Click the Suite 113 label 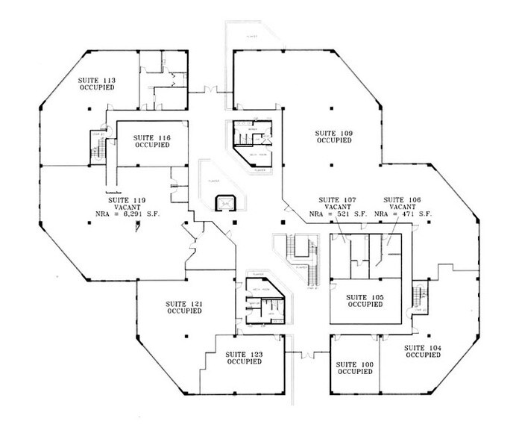tap(97, 79)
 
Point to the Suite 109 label tap(333, 133)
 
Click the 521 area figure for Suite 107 tap(341, 215)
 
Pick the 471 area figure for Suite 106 tap(406, 215)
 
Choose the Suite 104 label tap(423, 349)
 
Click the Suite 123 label tap(244, 354)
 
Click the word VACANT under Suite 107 tap(336, 208)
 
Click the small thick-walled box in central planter tap(223, 202)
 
